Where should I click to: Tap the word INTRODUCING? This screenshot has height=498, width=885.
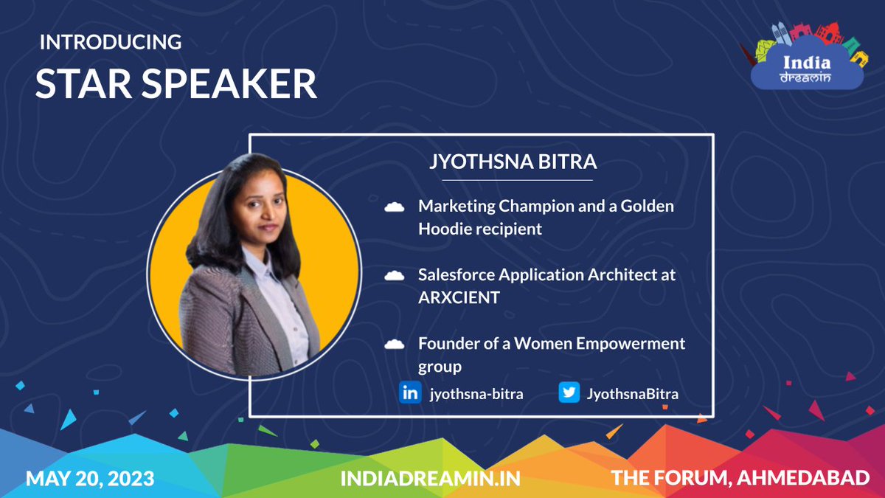111,42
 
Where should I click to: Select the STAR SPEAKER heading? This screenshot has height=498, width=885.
176,84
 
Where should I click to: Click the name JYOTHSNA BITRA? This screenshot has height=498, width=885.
513,162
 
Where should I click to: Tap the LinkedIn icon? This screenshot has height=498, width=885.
409,393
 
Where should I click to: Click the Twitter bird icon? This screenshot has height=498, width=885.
569,393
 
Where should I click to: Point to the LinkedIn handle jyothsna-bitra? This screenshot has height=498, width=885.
476,394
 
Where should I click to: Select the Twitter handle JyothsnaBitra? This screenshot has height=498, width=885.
632,394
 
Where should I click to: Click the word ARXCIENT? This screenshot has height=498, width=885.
459,298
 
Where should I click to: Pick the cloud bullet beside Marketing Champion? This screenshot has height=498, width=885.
395,208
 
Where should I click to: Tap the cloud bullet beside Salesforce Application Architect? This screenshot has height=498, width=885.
395,276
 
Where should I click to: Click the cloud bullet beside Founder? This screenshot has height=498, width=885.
395,344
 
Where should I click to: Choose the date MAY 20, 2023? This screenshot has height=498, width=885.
90,479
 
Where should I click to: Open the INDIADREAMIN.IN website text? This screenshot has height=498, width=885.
430,479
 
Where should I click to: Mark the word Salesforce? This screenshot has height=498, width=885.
456,275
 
